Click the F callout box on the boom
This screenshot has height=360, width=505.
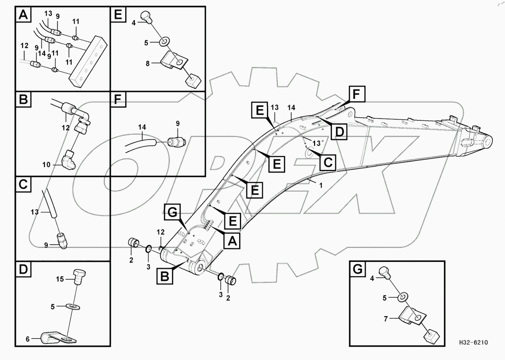(x=356, y=94)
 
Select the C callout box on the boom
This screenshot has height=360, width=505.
(x=328, y=162)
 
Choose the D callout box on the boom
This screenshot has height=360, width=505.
(x=339, y=132)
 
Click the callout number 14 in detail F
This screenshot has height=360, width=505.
(x=142, y=127)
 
